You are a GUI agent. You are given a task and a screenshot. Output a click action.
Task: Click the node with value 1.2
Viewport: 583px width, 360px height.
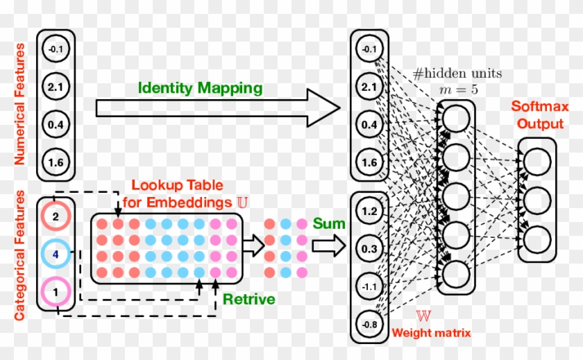point(369,211)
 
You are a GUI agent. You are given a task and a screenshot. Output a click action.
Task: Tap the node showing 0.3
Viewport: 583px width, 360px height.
point(369,248)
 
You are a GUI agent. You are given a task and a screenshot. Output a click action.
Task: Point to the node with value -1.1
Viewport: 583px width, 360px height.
point(369,286)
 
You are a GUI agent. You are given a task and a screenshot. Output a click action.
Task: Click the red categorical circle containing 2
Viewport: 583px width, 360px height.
point(56,216)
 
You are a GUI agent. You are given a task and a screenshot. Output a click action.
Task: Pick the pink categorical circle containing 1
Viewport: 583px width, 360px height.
point(56,292)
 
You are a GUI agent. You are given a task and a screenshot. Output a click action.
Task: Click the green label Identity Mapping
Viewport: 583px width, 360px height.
point(200,88)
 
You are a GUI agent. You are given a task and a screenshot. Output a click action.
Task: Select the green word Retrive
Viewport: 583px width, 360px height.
point(248,300)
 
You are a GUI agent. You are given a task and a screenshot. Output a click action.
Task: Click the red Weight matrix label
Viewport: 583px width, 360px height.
point(431,333)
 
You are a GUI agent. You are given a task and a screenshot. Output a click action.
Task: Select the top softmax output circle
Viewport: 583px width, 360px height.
point(536,162)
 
